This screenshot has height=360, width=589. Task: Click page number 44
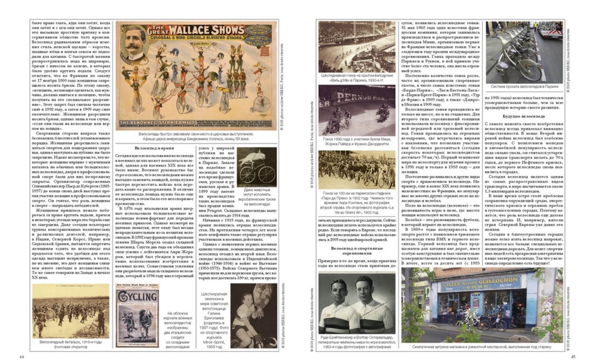point(21,356)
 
